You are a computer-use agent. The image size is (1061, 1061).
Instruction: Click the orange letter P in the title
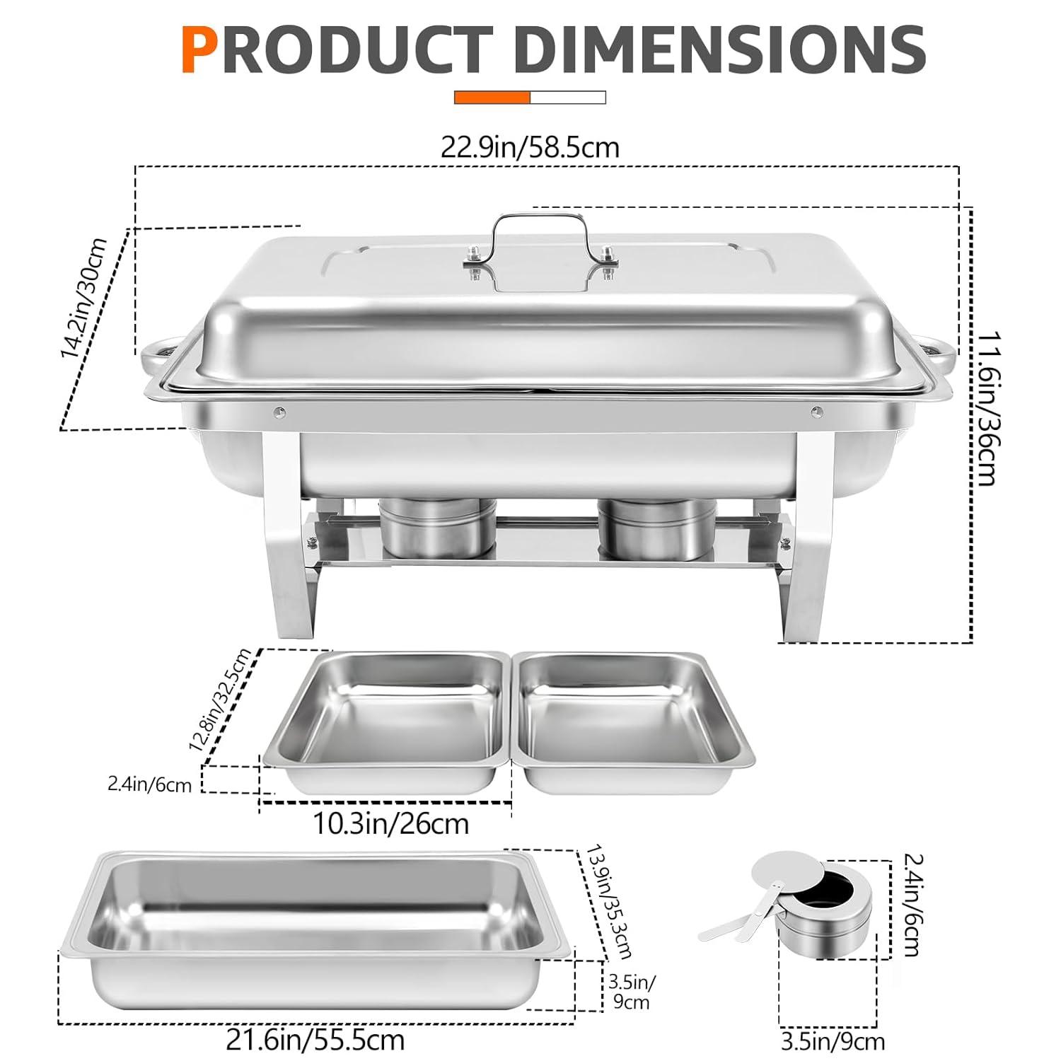pyautogui.click(x=199, y=50)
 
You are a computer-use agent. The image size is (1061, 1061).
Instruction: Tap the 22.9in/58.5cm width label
pyautogui.click(x=530, y=148)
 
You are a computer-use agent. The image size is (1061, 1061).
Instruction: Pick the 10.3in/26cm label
pyautogui.click(x=390, y=823)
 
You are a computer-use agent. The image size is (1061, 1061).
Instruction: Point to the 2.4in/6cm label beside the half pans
pyautogui.click(x=149, y=784)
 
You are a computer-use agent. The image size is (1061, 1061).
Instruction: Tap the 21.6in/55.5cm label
pyautogui.click(x=315, y=1040)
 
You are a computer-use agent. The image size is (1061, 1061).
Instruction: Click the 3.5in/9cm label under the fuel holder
pyautogui.click(x=833, y=1042)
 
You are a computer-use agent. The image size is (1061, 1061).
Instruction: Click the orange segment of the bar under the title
pyautogui.click(x=492, y=98)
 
